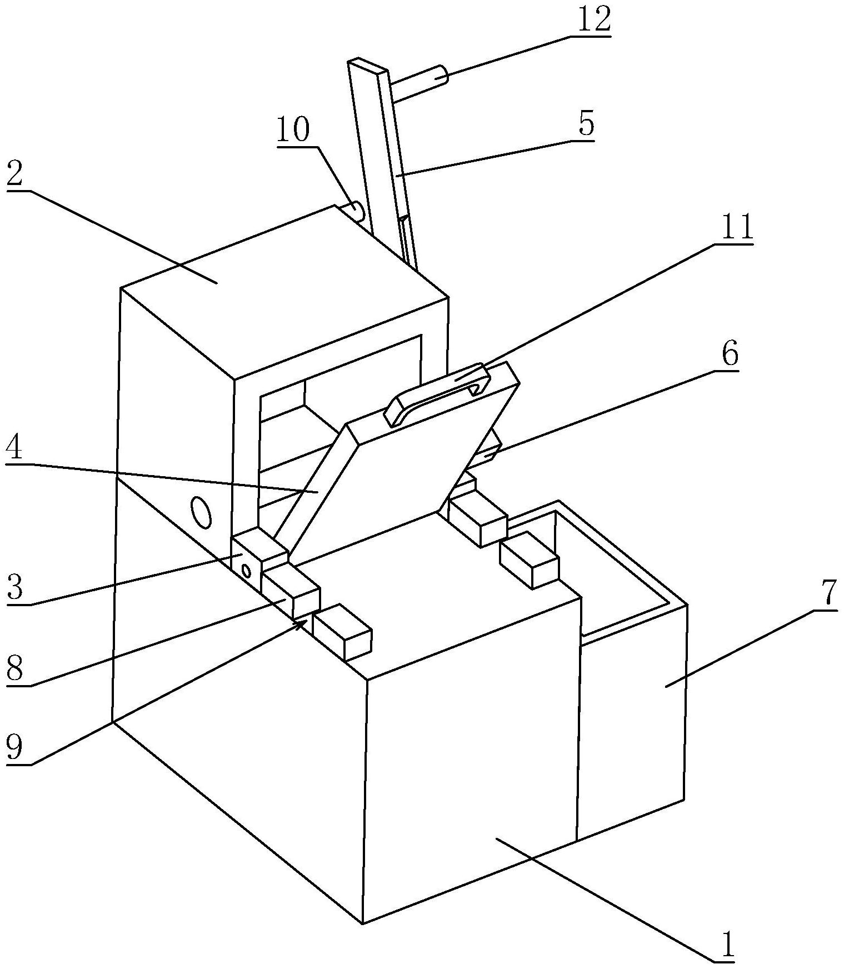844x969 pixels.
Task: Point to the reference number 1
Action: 727,946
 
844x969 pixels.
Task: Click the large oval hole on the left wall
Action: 201,512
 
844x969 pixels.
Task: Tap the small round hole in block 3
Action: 245,570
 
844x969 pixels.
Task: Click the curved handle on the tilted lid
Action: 439,393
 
